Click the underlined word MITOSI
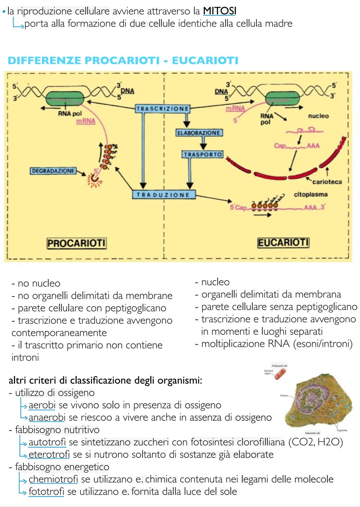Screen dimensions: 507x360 219,11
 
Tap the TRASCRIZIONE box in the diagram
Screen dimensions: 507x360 163,109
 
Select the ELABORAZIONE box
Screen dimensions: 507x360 199,133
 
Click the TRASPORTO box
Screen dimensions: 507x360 203,155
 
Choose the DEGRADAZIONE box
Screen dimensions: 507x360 53,171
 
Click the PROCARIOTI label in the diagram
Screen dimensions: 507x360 76,243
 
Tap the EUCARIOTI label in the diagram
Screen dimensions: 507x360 283,242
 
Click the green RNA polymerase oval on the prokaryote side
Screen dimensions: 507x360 65,99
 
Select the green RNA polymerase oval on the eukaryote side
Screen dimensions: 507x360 283,99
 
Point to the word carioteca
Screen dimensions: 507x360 327,182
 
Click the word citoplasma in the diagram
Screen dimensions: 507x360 310,194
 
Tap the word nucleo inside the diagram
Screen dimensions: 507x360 318,116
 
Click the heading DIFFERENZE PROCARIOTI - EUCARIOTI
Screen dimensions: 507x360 123,61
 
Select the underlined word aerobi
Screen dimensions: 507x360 42,405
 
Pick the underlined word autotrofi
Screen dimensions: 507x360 47,442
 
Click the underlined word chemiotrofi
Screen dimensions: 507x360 53,479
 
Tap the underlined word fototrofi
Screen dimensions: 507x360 46,491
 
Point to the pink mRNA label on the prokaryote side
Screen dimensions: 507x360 86,121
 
